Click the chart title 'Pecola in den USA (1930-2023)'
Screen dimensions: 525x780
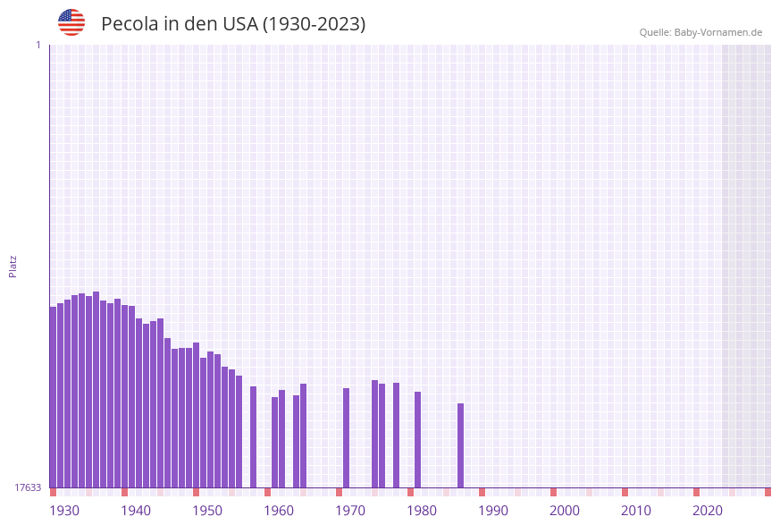pos(233,24)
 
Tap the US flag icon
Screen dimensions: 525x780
pos(71,22)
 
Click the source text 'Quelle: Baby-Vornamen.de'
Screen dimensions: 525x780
pos(700,32)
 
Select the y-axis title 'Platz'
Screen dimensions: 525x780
pos(13,266)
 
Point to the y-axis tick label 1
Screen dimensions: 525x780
pos(38,45)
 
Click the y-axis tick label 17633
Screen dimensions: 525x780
pos(28,487)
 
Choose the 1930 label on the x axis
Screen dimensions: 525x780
pos(64,511)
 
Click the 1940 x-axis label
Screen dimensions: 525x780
pos(136,511)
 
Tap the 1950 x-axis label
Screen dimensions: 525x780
pos(207,511)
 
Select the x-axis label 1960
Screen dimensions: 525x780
pos(279,511)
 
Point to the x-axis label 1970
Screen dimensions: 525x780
pos(350,511)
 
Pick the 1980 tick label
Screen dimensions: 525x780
pos(422,511)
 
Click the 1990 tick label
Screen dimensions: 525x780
pos(493,511)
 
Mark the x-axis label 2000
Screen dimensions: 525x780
pos(565,511)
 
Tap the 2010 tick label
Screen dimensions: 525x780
pos(636,511)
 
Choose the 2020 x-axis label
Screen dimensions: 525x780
pos(708,511)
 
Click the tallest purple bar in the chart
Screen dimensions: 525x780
pos(96,389)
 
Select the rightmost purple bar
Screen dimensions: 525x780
pos(461,445)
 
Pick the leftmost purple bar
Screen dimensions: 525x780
pos(54,397)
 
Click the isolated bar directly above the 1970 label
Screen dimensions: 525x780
pos(347,437)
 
